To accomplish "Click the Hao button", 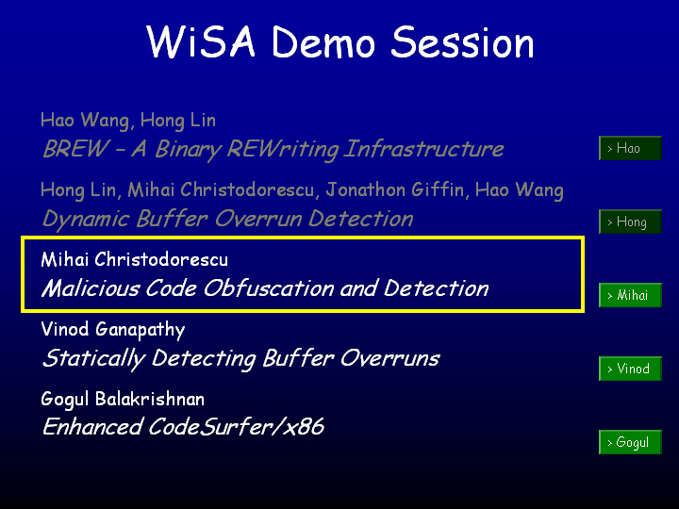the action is pos(630,148).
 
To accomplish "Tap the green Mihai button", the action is pos(630,295).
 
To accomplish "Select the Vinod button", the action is pos(630,369).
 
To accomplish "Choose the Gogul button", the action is pos(630,442).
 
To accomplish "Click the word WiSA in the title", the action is pos(201,41).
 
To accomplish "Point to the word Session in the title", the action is pos(462,42).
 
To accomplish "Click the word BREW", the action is pos(76,149).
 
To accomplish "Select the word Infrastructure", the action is pos(424,149).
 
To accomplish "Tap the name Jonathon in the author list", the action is pos(364,189).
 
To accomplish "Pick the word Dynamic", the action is pos(86,219).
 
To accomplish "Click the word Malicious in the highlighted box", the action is pos(91,288).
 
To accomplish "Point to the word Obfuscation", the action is pos(269,288).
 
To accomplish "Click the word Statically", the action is pos(93,358).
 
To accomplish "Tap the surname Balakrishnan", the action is pos(150,399).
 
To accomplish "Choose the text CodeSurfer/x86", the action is pos(236,427).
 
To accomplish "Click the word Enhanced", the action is pos(92,427).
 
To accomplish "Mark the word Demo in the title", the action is pos(323,42).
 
